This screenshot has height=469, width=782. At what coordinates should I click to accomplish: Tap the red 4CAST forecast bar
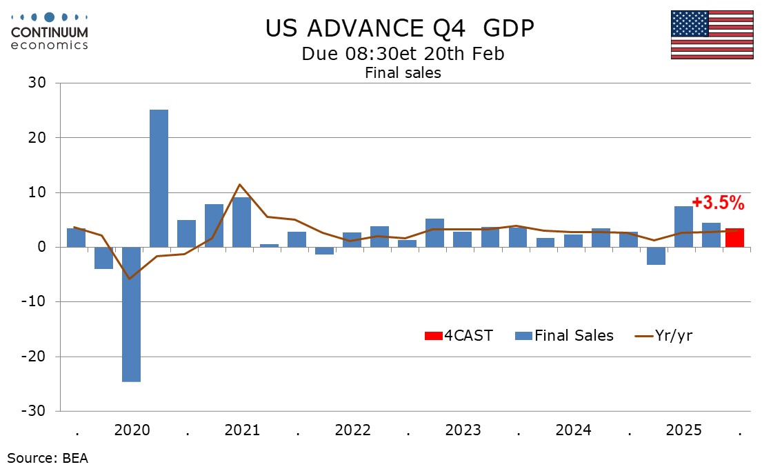[734, 238]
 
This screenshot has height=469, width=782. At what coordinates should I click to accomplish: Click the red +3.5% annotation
[718, 203]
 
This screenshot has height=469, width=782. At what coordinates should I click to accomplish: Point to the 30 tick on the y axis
[37, 83]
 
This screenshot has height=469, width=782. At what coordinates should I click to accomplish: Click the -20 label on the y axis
[34, 357]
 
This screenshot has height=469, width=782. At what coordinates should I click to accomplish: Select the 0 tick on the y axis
[41, 247]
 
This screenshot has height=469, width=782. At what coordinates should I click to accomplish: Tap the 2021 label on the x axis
[242, 430]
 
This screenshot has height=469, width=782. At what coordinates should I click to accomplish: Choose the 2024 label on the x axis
[573, 430]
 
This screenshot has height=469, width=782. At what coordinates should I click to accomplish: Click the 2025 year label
[683, 430]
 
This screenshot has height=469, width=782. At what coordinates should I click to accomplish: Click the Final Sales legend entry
[564, 336]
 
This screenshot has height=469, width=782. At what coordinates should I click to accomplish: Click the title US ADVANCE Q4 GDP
[400, 28]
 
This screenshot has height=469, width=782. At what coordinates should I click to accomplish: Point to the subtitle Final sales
[403, 72]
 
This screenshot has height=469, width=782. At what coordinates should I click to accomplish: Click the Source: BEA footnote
[48, 457]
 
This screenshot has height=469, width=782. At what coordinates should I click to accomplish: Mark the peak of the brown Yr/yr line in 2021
[239, 184]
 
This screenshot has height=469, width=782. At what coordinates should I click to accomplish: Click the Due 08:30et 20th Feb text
[403, 53]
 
